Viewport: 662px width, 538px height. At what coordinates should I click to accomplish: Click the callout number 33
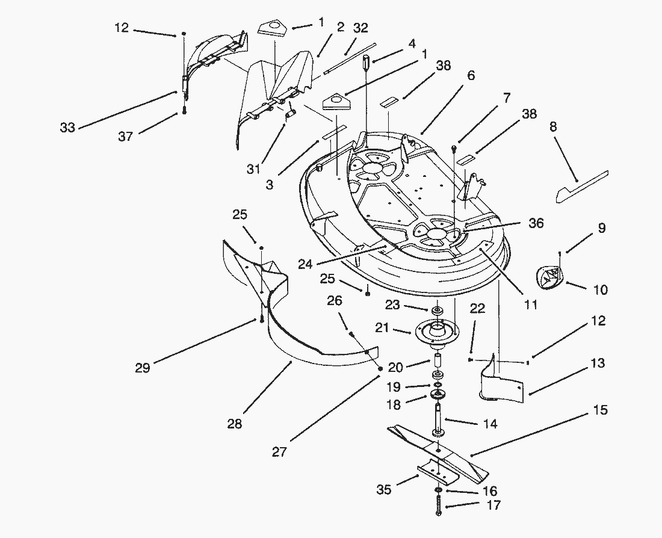(x=67, y=128)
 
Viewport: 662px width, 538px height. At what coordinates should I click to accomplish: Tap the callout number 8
(x=553, y=126)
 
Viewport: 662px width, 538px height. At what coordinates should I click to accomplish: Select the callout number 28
(x=235, y=424)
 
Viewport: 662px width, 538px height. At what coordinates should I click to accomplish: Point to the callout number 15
(x=600, y=410)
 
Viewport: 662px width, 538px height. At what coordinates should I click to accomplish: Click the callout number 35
(x=383, y=490)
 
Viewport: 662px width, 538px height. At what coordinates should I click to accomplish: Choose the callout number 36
(x=536, y=223)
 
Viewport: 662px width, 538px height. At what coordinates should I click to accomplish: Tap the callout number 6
(x=470, y=76)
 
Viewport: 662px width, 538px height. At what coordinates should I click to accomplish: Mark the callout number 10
(x=600, y=290)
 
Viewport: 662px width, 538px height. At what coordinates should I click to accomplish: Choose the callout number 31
(x=253, y=170)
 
